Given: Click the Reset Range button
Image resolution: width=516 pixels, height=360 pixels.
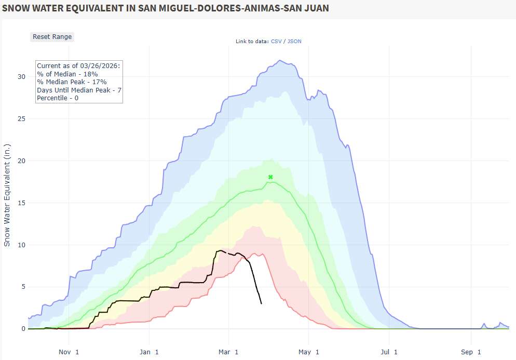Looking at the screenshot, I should click(x=52, y=37).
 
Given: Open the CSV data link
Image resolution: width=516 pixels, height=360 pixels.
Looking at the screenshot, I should click(x=277, y=42).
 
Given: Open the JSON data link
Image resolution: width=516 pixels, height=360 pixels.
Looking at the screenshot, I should click(x=294, y=42).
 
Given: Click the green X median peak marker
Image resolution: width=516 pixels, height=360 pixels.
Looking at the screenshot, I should click(x=270, y=177).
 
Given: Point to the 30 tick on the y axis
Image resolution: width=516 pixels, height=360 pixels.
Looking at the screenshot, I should click(x=21, y=77).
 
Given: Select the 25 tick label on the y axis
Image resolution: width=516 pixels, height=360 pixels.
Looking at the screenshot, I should click(x=21, y=119).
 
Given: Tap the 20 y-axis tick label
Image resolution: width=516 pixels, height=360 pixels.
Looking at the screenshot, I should click(x=21, y=161).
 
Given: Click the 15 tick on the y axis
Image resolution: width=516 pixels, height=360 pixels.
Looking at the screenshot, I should click(x=21, y=203).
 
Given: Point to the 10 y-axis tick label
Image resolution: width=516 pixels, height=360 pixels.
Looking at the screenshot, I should click(x=21, y=245).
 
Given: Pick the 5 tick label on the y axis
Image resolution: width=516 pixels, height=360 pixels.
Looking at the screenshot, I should click(x=23, y=287).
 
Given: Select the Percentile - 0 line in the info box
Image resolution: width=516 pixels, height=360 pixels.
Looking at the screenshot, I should click(x=57, y=98).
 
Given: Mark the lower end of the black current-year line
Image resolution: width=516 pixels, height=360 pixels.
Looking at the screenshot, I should click(x=261, y=303).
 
